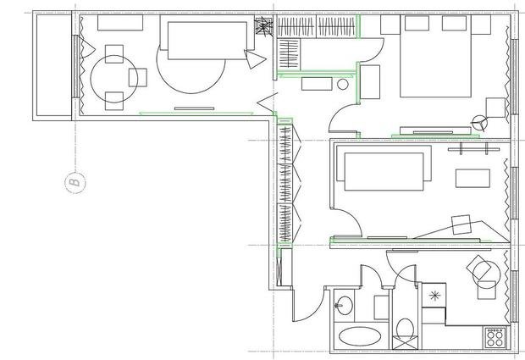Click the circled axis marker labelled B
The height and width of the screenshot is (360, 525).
tap(75, 182)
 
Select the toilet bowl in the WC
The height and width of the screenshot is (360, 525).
tap(405, 328)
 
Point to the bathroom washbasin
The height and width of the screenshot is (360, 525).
tap(345, 305)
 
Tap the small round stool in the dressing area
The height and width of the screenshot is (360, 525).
tap(343, 85)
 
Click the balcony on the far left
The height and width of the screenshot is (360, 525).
tap(52, 66)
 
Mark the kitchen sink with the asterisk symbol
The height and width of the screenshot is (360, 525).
tap(434, 295)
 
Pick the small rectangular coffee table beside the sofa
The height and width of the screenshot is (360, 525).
tap(472, 178)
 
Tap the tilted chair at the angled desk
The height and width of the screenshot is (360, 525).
tap(461, 224)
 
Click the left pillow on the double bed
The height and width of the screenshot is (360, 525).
tap(417, 23)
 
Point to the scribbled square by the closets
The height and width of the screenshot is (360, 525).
tap(264, 25)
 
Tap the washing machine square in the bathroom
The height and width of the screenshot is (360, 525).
tap(381, 307)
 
